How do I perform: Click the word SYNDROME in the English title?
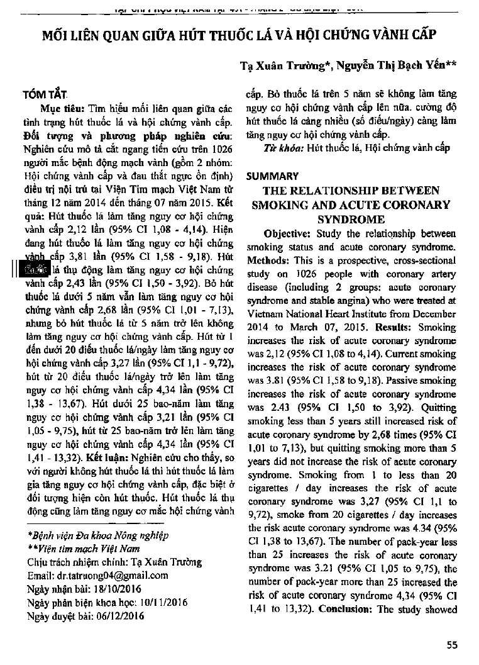click(351, 219)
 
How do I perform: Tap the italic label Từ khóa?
click(282, 148)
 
